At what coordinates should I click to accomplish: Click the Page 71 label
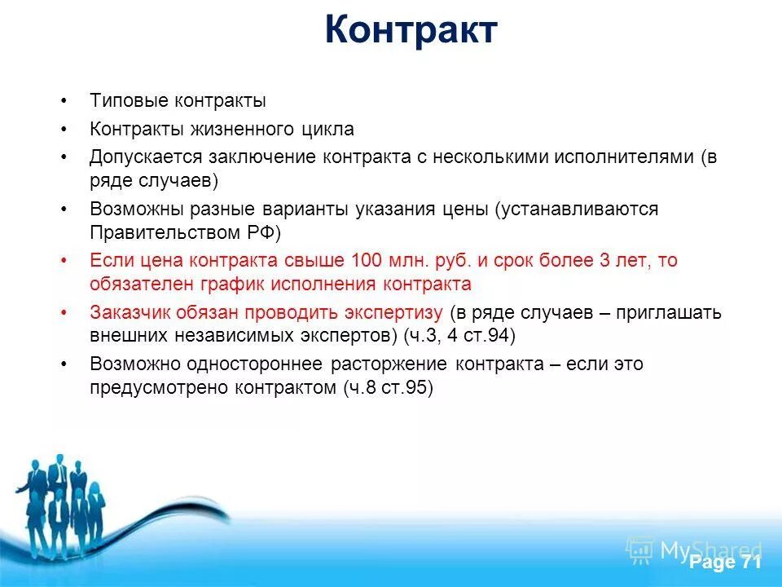[725, 563]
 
